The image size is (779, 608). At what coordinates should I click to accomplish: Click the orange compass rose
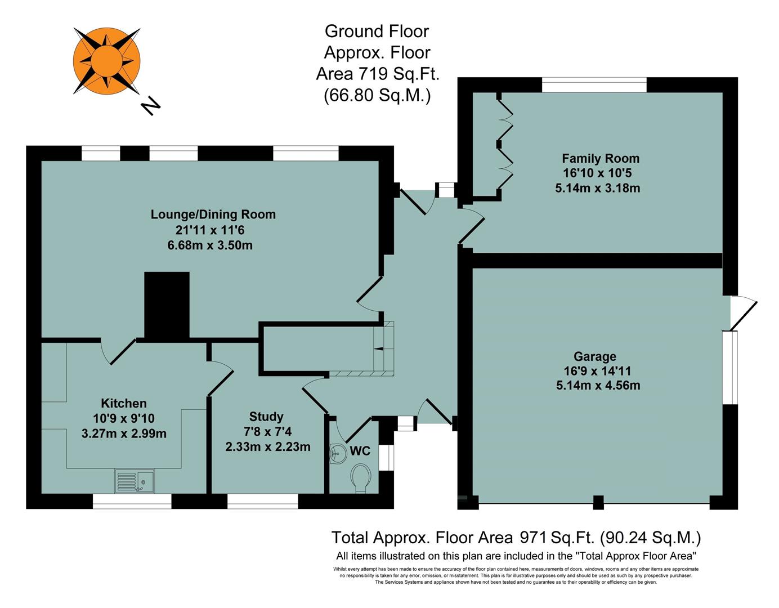[106, 60]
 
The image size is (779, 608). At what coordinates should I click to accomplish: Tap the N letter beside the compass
[150, 105]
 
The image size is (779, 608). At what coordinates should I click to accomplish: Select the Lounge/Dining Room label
[213, 214]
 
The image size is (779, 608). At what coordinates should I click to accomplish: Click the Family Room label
[600, 159]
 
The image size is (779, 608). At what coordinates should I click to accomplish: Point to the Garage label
[594, 356]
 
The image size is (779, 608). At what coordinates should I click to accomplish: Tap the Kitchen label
[123, 403]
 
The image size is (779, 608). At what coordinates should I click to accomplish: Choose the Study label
[266, 417]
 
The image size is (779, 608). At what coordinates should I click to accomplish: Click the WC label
[360, 451]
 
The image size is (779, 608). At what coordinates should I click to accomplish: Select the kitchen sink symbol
[135, 481]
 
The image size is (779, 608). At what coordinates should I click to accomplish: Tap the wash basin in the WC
[338, 453]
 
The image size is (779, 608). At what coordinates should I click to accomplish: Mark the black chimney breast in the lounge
[167, 305]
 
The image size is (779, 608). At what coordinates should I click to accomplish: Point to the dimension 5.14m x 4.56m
[598, 386]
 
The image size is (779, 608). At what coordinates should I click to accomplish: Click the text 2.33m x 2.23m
[267, 447]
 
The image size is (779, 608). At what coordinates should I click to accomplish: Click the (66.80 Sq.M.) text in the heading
[377, 96]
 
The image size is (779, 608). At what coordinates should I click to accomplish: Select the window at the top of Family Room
[594, 85]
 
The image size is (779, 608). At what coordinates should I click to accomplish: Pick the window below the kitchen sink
[132, 502]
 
